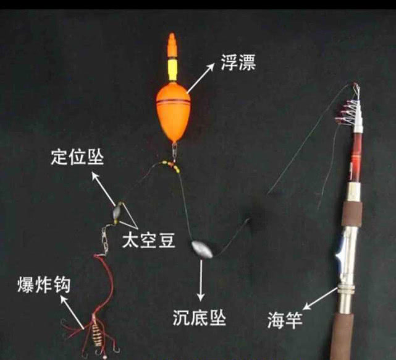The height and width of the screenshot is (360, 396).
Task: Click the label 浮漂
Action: point(238,62)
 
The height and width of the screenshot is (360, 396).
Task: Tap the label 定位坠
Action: point(77,157)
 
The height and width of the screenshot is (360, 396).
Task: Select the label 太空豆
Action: point(148,240)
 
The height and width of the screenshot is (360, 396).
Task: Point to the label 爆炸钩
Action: point(44,285)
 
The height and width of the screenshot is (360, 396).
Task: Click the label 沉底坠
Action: point(200,318)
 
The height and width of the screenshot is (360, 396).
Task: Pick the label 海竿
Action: point(285,321)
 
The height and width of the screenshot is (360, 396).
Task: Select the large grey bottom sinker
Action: point(202,249)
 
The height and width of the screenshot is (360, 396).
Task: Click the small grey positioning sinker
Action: point(117,210)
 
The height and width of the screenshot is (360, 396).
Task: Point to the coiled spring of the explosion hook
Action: point(96,333)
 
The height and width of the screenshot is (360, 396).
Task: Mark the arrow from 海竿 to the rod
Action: point(320,298)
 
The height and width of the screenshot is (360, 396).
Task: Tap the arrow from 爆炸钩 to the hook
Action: point(72,312)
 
